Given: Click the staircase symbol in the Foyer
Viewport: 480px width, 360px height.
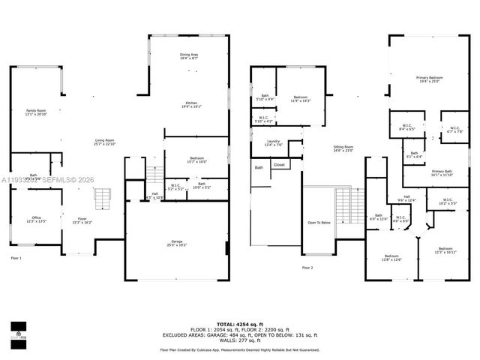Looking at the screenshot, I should (102, 199).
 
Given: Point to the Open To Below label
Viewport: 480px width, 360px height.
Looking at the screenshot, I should (319, 223).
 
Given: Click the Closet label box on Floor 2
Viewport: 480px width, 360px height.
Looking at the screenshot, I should (279, 164).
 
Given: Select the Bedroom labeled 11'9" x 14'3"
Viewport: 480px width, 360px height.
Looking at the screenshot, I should (301, 98).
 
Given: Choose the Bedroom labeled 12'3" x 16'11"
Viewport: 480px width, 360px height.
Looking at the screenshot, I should (445, 250).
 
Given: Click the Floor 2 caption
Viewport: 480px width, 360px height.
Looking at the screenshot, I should (307, 267).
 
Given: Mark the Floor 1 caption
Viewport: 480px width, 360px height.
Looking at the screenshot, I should (16, 258).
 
